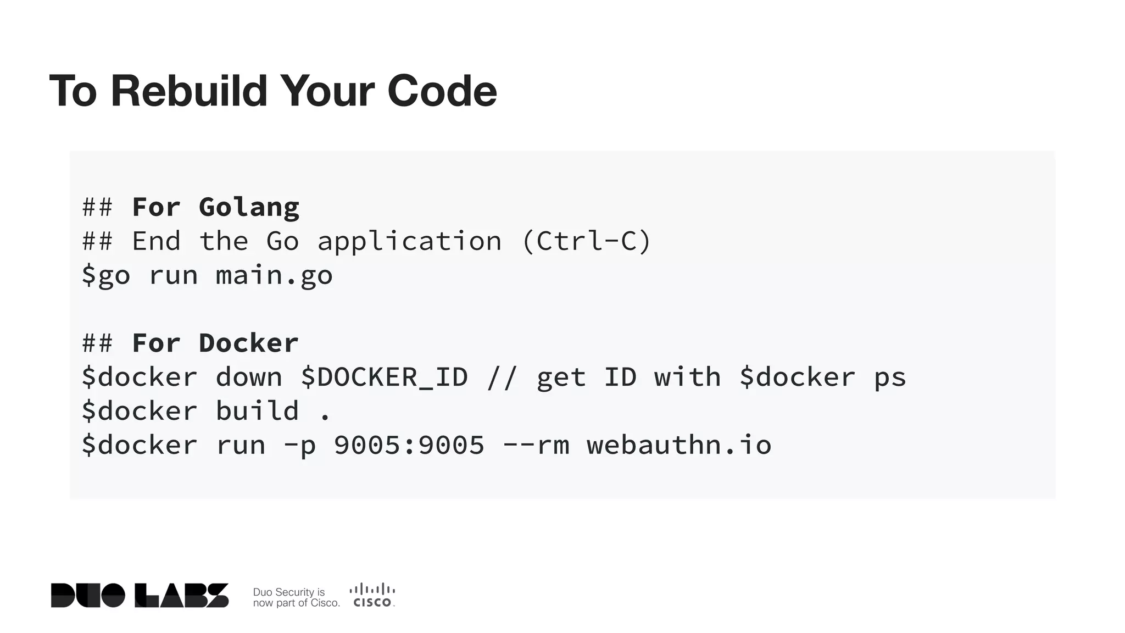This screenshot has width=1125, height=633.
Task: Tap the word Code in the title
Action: tap(442, 91)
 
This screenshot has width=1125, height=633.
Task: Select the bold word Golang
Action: tap(249, 208)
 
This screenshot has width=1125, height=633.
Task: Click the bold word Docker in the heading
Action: tap(248, 343)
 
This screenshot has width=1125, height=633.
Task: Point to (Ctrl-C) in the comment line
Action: tap(586, 242)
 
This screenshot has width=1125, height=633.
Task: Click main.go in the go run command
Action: tap(274, 276)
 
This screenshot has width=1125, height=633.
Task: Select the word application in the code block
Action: tap(409, 242)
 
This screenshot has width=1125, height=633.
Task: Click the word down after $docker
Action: tap(249, 377)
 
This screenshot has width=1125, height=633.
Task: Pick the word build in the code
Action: tap(257, 412)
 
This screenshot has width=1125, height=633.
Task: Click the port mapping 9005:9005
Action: tap(409, 446)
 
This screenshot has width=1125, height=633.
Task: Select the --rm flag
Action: tap(536, 446)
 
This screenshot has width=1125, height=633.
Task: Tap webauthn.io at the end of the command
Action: tap(679, 446)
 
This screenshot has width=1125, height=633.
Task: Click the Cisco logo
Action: tap(372, 596)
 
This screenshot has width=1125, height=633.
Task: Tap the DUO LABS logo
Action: tap(140, 596)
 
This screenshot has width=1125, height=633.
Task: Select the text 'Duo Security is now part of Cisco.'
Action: tap(296, 597)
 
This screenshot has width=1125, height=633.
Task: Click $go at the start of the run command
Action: tap(106, 276)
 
